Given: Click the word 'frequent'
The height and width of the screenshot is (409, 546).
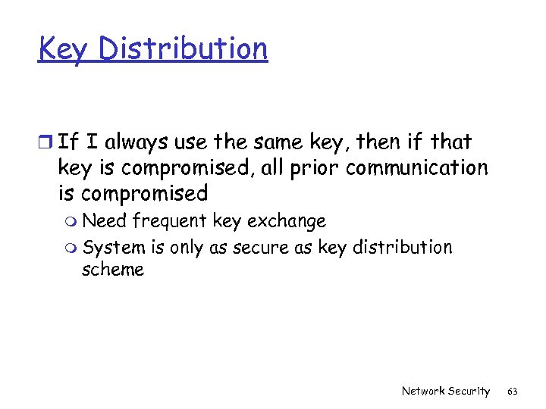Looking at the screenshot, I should (x=170, y=221).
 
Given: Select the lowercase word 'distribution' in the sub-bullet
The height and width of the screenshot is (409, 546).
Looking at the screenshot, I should (x=403, y=247).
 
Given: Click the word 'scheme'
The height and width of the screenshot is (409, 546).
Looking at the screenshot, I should (x=112, y=270).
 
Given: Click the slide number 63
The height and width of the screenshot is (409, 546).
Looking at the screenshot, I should (x=513, y=391).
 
